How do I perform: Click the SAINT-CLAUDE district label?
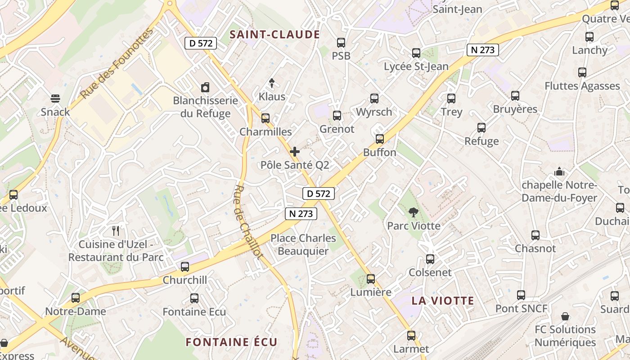(274, 35)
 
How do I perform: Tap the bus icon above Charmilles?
(265, 118)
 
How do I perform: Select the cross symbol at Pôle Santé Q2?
(295, 152)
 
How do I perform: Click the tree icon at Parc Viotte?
(413, 212)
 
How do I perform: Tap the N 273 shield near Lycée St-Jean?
(483, 50)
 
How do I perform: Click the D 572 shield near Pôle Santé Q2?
(319, 193)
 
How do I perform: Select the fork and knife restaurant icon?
(116, 231)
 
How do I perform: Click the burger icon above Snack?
(55, 98)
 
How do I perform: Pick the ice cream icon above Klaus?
(272, 83)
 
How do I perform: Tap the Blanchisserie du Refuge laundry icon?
(205, 87)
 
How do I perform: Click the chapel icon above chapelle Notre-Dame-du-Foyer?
(559, 171)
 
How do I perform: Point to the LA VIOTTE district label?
(443, 301)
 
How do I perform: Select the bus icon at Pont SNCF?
(521, 295)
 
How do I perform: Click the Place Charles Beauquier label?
(303, 244)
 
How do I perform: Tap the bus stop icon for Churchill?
(185, 267)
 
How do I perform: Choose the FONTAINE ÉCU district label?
(232, 342)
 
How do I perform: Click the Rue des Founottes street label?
(117, 63)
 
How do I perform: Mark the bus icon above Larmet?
(411, 335)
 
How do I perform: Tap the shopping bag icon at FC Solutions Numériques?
(565, 316)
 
